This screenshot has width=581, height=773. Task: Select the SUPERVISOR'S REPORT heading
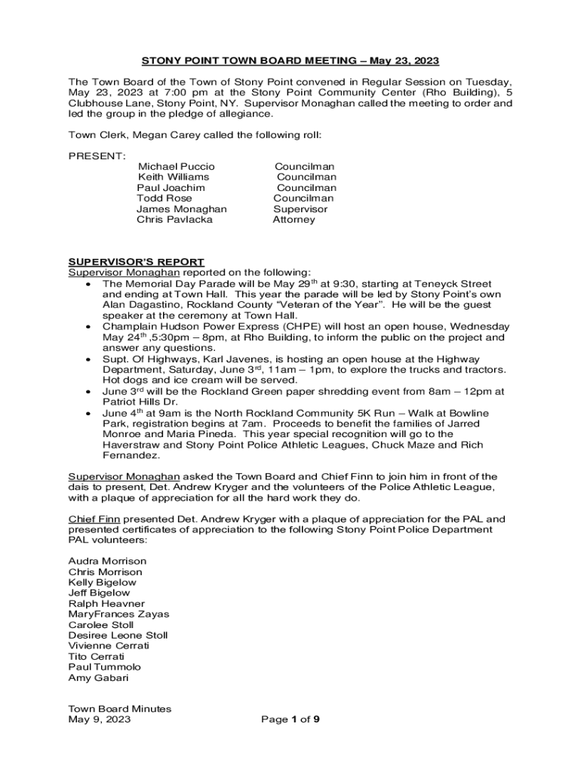click(136, 262)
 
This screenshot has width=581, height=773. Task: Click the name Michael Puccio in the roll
click(177, 166)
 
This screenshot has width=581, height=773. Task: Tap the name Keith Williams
click(174, 177)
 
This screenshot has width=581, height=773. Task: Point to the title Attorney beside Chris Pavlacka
click(294, 220)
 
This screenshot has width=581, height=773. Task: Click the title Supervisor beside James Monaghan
click(300, 209)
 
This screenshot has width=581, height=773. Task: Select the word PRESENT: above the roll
click(97, 156)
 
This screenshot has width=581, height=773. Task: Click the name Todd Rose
click(164, 199)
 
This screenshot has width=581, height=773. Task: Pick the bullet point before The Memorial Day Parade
click(89, 284)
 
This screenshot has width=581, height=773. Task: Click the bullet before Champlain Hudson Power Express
click(89, 327)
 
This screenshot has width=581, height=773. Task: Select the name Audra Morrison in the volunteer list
click(107, 562)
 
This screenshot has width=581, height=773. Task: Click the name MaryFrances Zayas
click(118, 614)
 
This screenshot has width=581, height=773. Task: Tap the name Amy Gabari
click(98, 678)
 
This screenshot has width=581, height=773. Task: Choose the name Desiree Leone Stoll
click(118, 636)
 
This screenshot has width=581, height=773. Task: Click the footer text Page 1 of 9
click(290, 719)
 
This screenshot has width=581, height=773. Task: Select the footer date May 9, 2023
click(100, 719)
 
